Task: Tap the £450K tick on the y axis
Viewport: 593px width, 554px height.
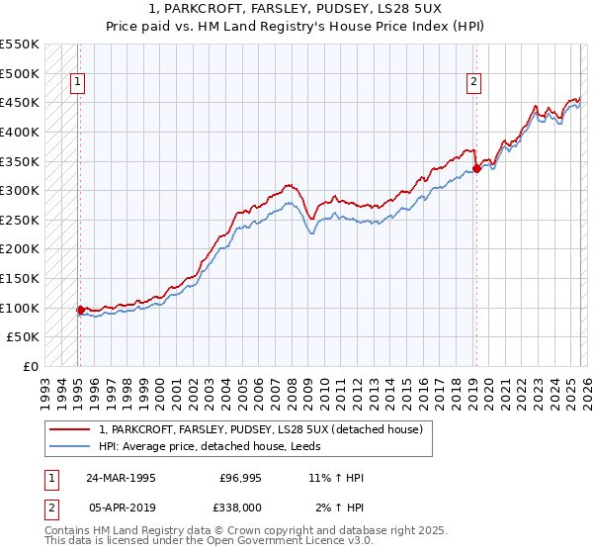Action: (x=20, y=102)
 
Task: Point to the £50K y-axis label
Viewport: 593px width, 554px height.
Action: (x=24, y=337)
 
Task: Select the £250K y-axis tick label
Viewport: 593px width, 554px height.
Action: (x=20, y=220)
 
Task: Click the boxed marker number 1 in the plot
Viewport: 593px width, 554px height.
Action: (x=77, y=83)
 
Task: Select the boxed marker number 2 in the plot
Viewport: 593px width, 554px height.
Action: (x=474, y=83)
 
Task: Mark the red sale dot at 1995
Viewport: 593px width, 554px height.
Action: (x=80, y=310)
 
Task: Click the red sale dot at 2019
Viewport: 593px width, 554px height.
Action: (x=475, y=168)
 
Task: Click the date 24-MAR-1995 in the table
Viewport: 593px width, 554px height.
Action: (x=121, y=478)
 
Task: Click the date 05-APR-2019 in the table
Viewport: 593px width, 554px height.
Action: (x=121, y=506)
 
